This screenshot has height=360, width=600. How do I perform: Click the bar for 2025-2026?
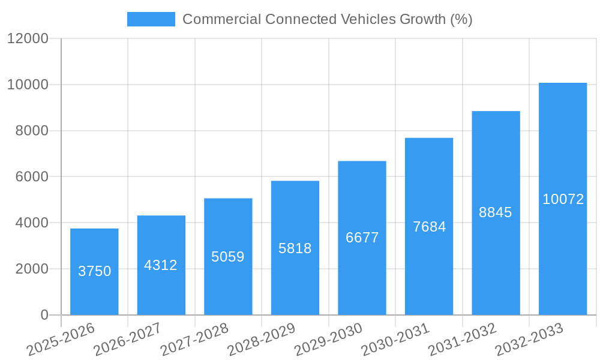click(94, 271)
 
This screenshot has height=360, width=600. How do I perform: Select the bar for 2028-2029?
click(295, 248)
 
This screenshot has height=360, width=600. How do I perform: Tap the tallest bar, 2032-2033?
click(563, 199)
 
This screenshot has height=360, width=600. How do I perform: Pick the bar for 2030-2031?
click(429, 226)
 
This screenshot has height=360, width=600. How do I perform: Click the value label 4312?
click(161, 265)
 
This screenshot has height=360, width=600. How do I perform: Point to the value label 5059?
click(228, 257)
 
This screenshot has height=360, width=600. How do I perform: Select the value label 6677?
click(362, 238)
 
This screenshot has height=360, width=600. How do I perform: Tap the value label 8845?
click(496, 212)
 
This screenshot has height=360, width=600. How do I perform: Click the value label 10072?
click(563, 199)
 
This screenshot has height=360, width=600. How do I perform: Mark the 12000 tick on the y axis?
click(28, 38)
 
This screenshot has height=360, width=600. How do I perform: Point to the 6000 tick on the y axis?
click(28, 177)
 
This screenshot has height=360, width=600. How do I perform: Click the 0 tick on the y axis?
click(44, 315)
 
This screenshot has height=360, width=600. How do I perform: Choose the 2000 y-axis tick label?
click(28, 269)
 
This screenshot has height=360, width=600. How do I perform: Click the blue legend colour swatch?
click(151, 19)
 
